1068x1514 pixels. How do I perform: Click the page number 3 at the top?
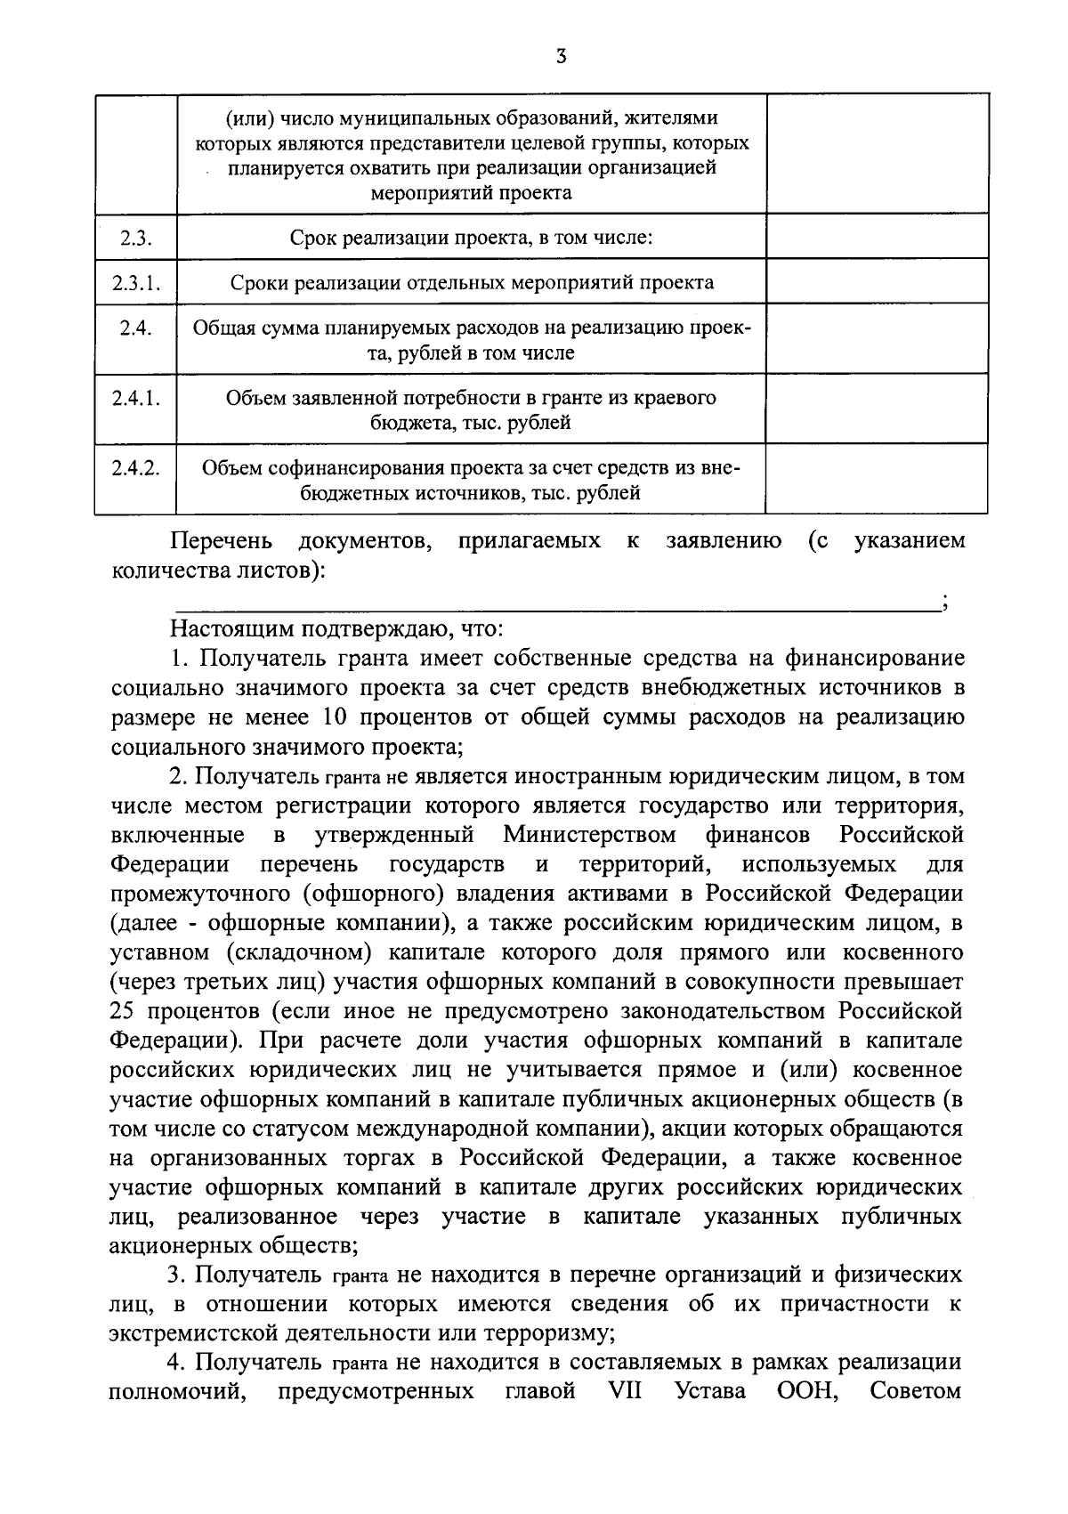click(x=560, y=58)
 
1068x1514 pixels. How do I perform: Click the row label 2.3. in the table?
click(x=135, y=238)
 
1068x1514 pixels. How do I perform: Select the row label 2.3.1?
click(x=135, y=282)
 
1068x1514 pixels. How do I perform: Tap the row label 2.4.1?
click(x=135, y=398)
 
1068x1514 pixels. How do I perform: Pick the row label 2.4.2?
click(x=135, y=468)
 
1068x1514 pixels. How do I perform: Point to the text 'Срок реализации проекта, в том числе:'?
click(x=472, y=238)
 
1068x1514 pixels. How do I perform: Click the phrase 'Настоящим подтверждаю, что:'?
click(x=337, y=630)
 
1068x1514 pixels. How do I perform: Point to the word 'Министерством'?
click(x=589, y=836)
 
